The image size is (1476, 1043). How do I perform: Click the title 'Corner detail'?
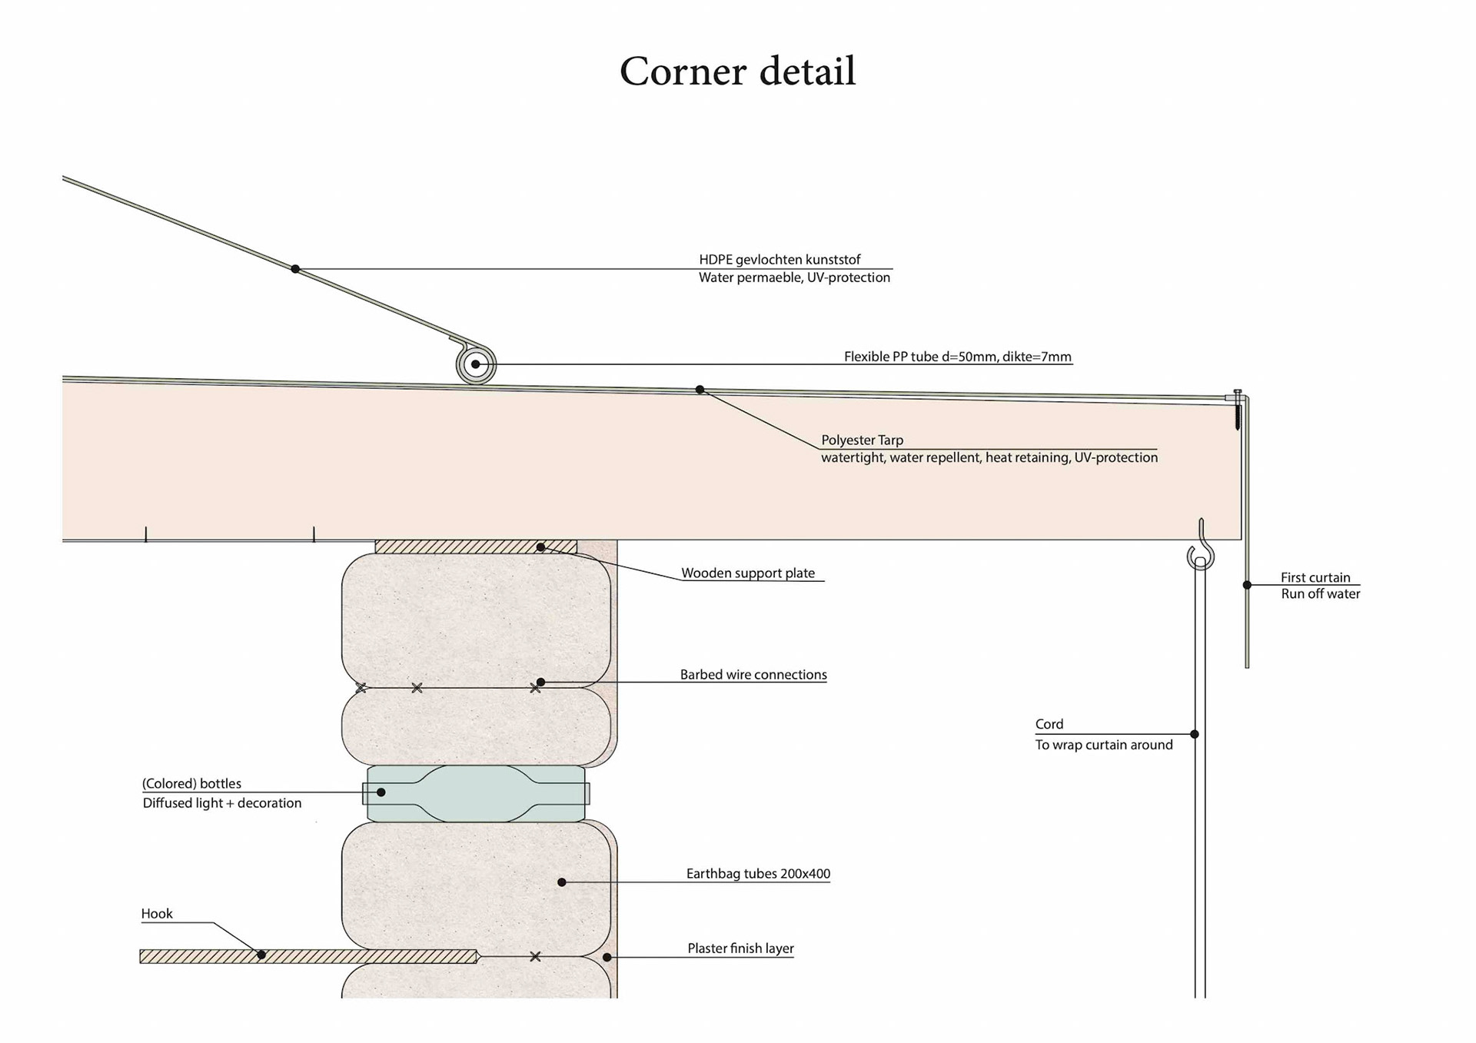[737, 71]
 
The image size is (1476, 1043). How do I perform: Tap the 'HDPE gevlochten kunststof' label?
[780, 260]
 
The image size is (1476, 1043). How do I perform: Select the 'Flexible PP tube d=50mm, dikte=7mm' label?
[957, 357]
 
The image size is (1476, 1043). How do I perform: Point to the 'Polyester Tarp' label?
[862, 440]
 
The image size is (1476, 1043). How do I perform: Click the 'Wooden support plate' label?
[747, 573]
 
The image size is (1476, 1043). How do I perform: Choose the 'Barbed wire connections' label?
[753, 675]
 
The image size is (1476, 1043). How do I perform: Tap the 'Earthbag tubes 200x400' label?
[758, 874]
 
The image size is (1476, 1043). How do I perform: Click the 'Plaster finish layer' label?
[740, 948]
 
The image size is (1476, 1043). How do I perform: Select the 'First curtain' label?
[1315, 578]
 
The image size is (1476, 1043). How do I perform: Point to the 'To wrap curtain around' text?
[1103, 745]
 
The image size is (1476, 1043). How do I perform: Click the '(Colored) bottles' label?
[191, 784]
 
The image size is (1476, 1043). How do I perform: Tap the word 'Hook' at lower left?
[157, 914]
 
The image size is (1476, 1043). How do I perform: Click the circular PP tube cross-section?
[476, 364]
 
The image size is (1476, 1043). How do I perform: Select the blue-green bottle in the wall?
[477, 793]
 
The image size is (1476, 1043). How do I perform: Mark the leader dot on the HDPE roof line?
[295, 269]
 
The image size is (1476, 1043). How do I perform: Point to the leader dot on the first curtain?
[1247, 586]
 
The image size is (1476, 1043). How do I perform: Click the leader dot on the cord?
[1195, 735]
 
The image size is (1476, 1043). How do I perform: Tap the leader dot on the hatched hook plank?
[261, 955]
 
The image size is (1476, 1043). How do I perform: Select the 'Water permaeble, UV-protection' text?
[794, 277]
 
